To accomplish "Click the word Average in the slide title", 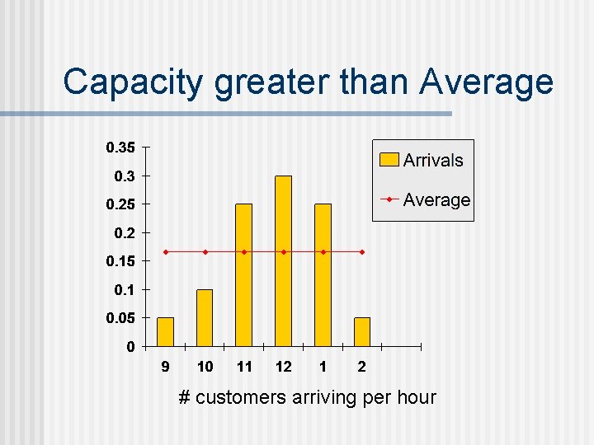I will click(x=486, y=82).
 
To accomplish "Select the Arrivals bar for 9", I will click(x=165, y=331).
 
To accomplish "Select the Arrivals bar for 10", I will click(x=205, y=317).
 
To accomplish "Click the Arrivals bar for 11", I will click(x=244, y=274).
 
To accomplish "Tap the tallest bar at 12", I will click(x=283, y=260).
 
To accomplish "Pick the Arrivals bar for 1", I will click(x=323, y=274).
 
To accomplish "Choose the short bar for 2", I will click(x=362, y=331).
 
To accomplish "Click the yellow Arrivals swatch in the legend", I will click(x=389, y=160).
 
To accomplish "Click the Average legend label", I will click(x=436, y=200).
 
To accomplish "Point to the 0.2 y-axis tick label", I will click(x=122, y=233).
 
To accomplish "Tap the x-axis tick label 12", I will click(x=283, y=366).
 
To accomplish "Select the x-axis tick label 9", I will click(x=165, y=366).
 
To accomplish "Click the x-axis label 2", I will click(x=362, y=366).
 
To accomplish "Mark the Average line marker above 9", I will click(x=165, y=251).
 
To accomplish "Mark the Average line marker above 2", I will click(x=362, y=251).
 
